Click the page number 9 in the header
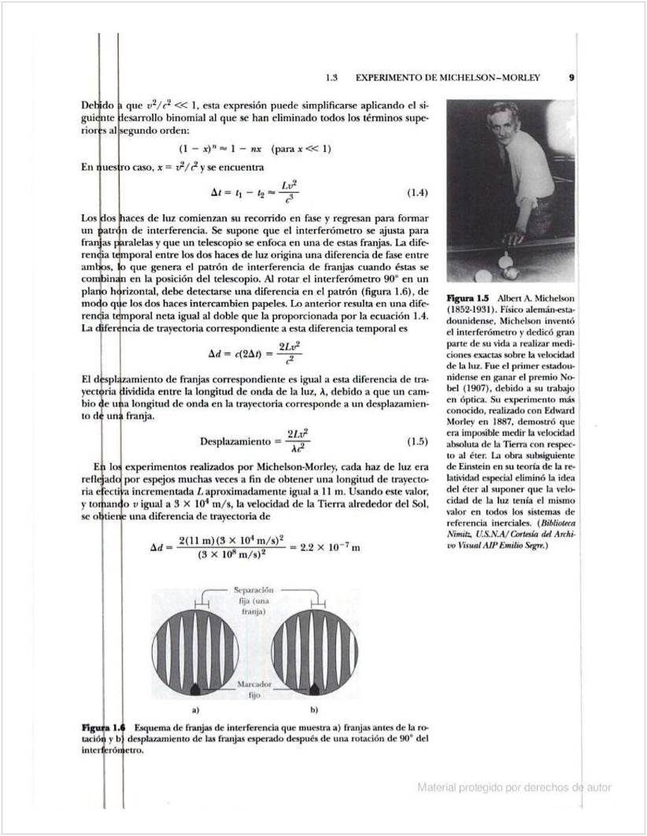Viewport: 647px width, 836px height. click(571, 78)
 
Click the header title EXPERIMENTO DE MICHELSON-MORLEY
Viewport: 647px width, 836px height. click(448, 78)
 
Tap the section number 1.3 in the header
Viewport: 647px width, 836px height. click(331, 78)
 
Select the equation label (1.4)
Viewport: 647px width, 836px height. click(417, 193)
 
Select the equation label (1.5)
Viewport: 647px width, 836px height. click(417, 439)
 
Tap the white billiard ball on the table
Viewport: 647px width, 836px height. click(509, 272)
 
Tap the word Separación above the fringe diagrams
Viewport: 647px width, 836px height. click(253, 590)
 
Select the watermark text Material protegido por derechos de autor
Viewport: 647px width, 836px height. click(515, 786)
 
